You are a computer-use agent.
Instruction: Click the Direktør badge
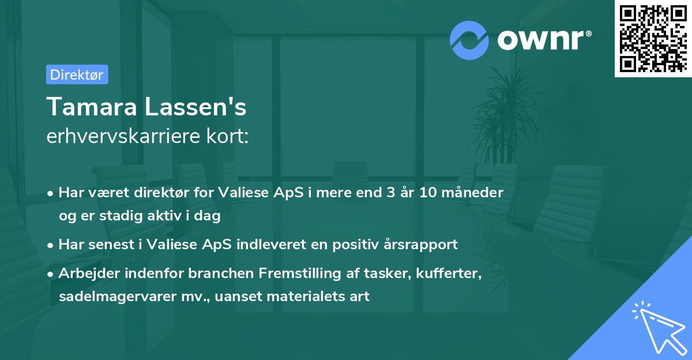(x=77, y=74)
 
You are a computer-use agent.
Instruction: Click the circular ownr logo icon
(x=469, y=40)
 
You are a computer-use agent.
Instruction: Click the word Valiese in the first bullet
(x=242, y=193)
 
